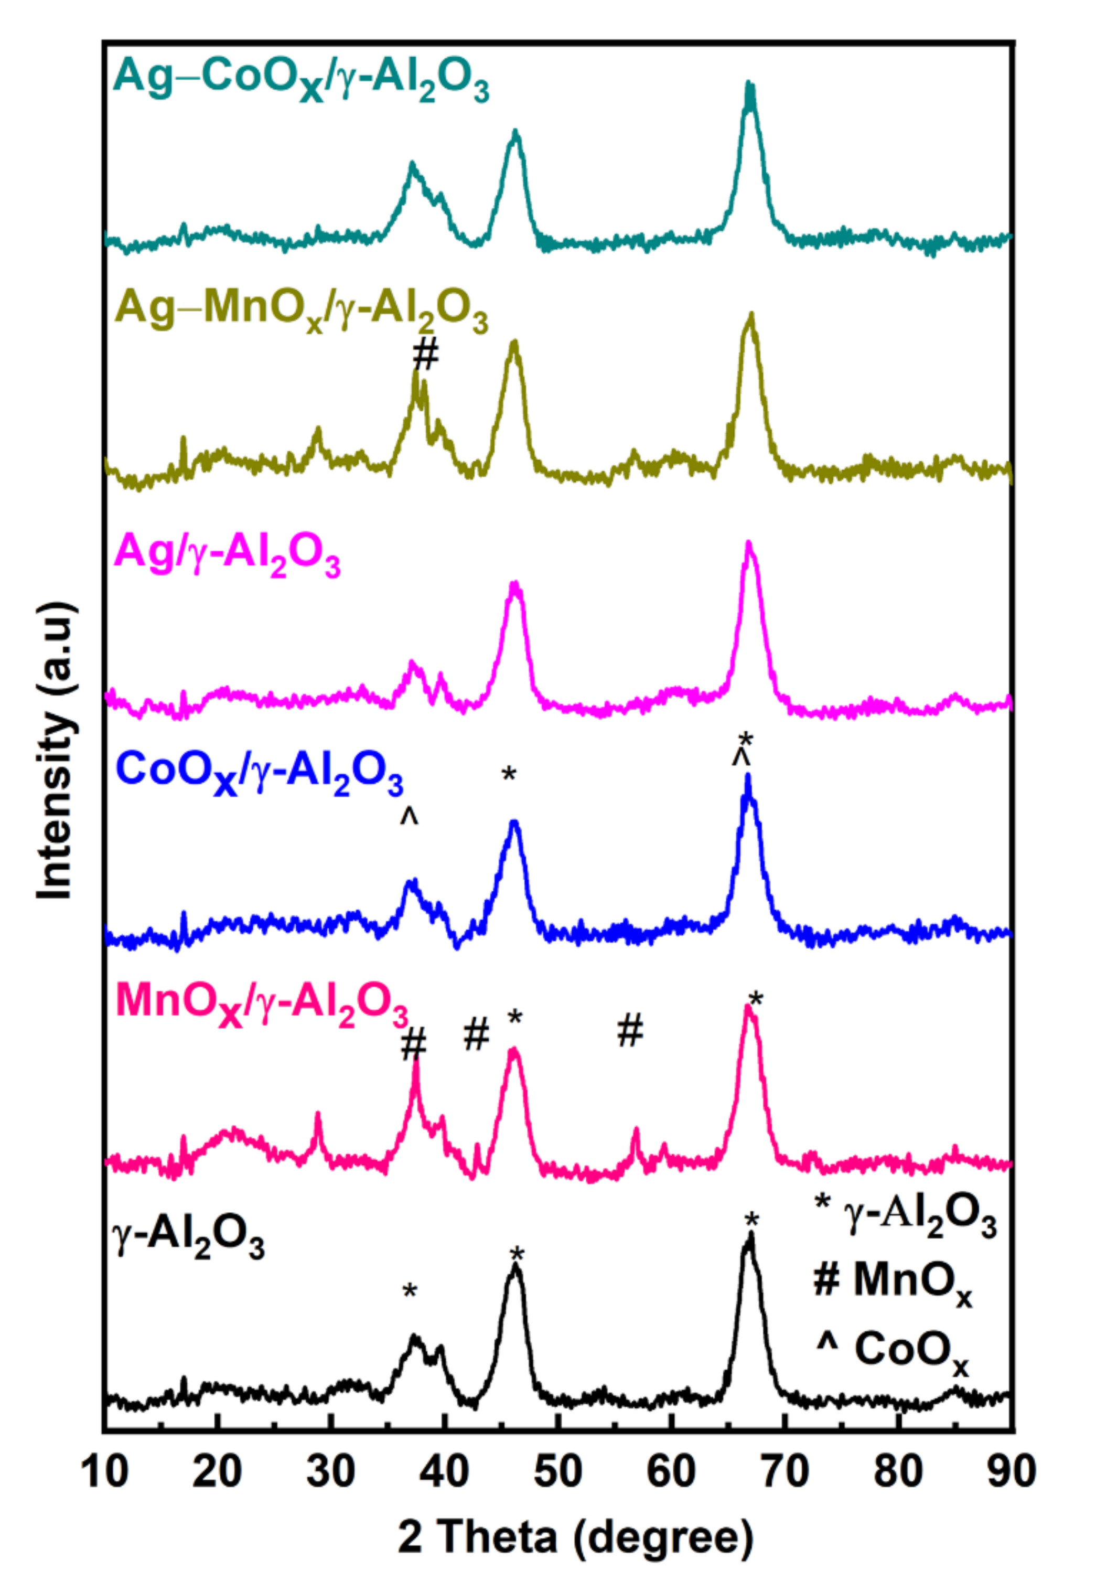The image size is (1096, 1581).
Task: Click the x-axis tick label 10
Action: [x=105, y=1471]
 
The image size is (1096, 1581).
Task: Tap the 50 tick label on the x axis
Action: [x=559, y=1471]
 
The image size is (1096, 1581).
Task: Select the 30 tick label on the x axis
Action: [x=331, y=1471]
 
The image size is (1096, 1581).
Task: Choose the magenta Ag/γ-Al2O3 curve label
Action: [x=227, y=557]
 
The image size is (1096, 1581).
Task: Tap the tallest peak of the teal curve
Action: [x=749, y=87]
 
